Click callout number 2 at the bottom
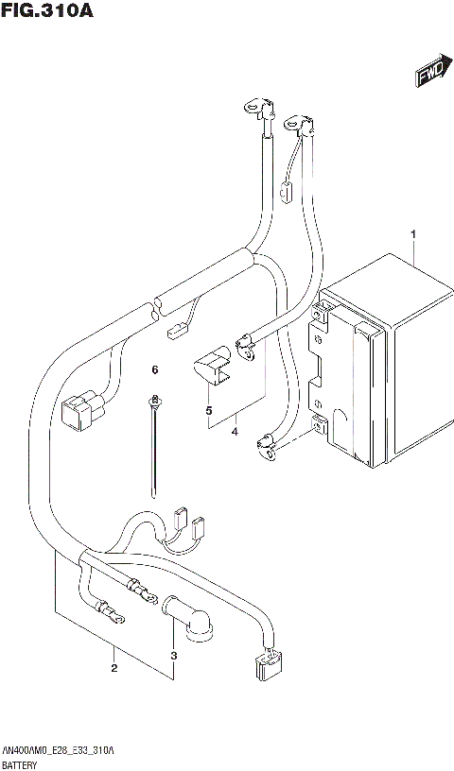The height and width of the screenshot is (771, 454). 113,669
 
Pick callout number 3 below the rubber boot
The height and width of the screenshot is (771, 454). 173,656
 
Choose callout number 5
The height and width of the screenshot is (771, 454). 208,411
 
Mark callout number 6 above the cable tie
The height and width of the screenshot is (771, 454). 154,369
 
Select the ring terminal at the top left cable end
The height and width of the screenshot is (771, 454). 255,110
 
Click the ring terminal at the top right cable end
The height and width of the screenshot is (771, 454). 295,121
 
